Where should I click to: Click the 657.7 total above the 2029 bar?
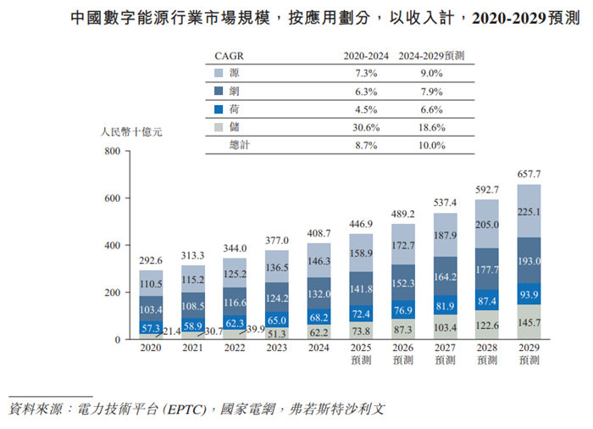(x=529, y=174)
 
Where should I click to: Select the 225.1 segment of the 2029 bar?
(x=529, y=212)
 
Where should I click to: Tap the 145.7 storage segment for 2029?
(x=529, y=323)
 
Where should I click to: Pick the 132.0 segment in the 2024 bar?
(x=319, y=293)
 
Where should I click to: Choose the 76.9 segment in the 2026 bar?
(x=403, y=310)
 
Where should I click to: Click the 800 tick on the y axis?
(x=112, y=152)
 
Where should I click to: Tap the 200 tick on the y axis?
(x=112, y=292)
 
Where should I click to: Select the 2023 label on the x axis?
(x=277, y=348)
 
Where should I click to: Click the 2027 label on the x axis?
(x=445, y=348)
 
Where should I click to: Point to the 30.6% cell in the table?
(x=366, y=127)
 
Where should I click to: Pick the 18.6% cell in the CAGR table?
(x=431, y=127)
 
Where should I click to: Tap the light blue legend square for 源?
(x=219, y=74)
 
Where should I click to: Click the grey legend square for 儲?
(x=219, y=127)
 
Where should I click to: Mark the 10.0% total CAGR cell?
(x=431, y=145)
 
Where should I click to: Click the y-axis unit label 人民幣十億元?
(x=131, y=132)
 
